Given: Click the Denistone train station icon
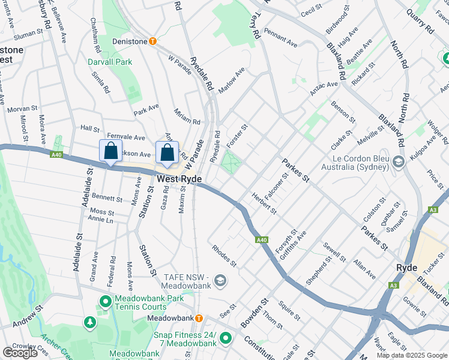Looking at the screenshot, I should click(153, 41).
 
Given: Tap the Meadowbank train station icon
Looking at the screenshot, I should click(199, 317).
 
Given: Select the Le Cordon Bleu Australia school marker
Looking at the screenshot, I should click(397, 162).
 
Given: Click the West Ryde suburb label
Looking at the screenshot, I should click(179, 179).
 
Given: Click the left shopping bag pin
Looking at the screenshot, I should click(111, 152).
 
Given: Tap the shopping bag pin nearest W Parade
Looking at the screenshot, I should click(167, 152).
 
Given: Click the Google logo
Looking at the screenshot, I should click(20, 353).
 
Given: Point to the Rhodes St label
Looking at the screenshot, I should click(224, 256).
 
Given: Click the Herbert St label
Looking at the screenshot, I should click(264, 203).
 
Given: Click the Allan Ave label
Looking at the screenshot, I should click(364, 269).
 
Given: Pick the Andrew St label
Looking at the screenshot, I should click(29, 316).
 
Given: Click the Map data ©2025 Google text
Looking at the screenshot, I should click(412, 355).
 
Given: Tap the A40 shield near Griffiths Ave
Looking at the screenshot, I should click(262, 240).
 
